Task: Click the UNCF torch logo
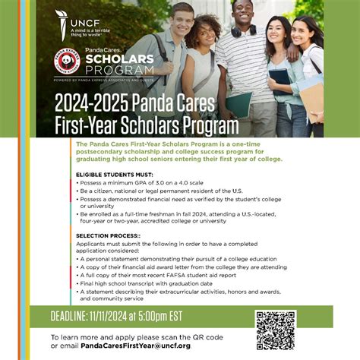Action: point(62,18)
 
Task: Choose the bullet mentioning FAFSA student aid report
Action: point(166,275)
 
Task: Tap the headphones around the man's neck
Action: point(241,32)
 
